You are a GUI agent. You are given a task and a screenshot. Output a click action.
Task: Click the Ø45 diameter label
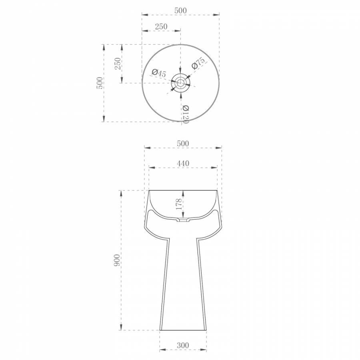(159, 73)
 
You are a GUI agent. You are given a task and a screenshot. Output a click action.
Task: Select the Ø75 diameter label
(198, 63)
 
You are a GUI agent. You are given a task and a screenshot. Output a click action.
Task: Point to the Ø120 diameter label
(186, 114)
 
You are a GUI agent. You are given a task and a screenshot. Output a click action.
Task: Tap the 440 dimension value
(183, 163)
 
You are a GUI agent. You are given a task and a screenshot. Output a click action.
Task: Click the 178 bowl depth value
(179, 204)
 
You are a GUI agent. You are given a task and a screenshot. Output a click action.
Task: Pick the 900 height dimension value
(117, 260)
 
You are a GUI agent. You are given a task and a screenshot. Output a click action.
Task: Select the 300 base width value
(183, 345)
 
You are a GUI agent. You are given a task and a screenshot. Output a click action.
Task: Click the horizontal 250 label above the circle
(161, 27)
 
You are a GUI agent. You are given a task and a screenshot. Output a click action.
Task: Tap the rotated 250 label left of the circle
(118, 64)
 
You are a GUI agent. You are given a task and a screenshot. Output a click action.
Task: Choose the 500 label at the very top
(180, 10)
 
